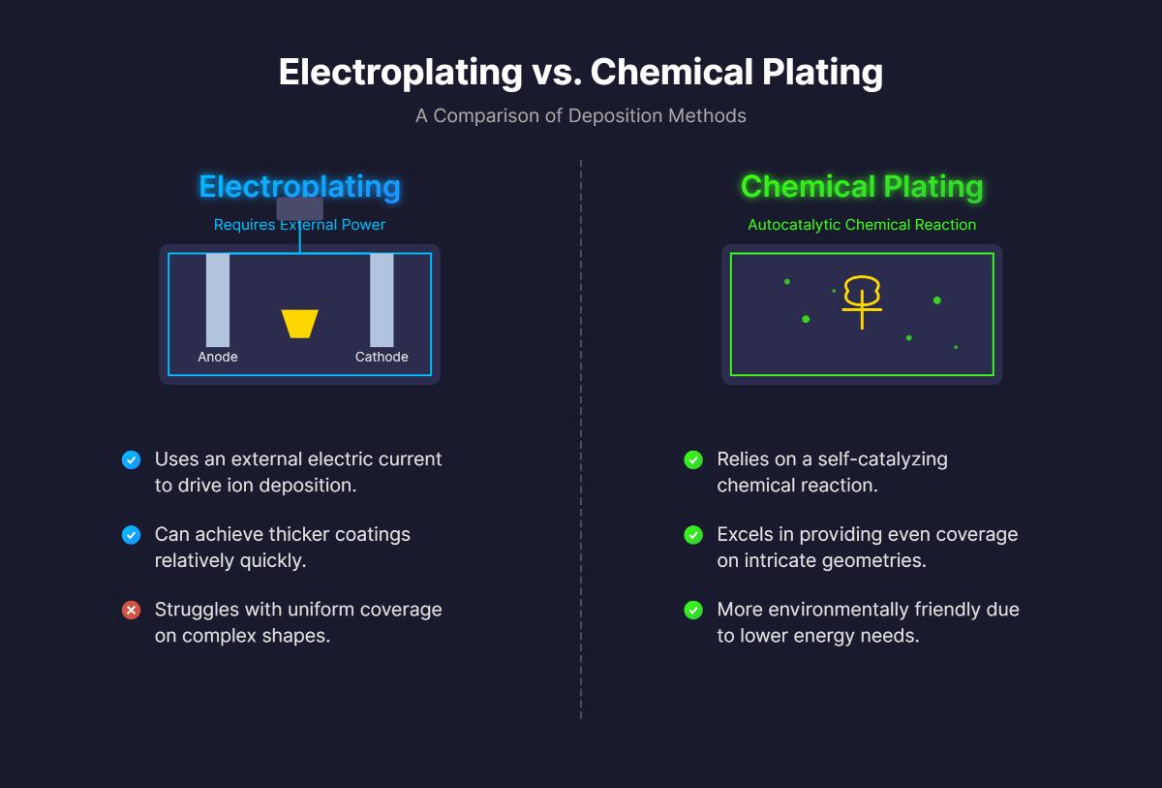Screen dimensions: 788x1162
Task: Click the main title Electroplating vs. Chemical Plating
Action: click(x=581, y=73)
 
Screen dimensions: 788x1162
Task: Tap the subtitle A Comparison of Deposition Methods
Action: click(x=581, y=115)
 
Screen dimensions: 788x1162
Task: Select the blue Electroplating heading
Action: click(x=299, y=186)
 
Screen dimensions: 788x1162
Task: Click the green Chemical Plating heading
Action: click(x=862, y=186)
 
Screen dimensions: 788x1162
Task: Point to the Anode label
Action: click(x=218, y=357)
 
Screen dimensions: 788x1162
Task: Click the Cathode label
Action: click(x=382, y=357)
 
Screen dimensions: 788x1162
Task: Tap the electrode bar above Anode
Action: click(x=218, y=299)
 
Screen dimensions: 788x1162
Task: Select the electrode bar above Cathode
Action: click(x=382, y=299)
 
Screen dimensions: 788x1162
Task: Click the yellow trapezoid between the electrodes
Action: click(x=300, y=324)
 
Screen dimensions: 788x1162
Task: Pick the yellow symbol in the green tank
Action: click(x=862, y=300)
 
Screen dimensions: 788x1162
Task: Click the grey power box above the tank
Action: click(x=300, y=208)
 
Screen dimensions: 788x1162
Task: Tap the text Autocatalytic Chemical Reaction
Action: click(x=862, y=225)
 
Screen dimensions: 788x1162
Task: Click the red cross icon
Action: click(x=131, y=611)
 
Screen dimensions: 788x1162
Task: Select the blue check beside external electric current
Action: click(x=131, y=460)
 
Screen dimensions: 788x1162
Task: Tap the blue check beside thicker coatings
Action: click(x=131, y=535)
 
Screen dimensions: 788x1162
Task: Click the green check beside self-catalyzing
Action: click(x=693, y=460)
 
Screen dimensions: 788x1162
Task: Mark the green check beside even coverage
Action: click(x=693, y=535)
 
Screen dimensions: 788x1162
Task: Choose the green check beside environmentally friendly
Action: click(x=693, y=611)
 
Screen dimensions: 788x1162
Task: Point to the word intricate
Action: click(x=779, y=560)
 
